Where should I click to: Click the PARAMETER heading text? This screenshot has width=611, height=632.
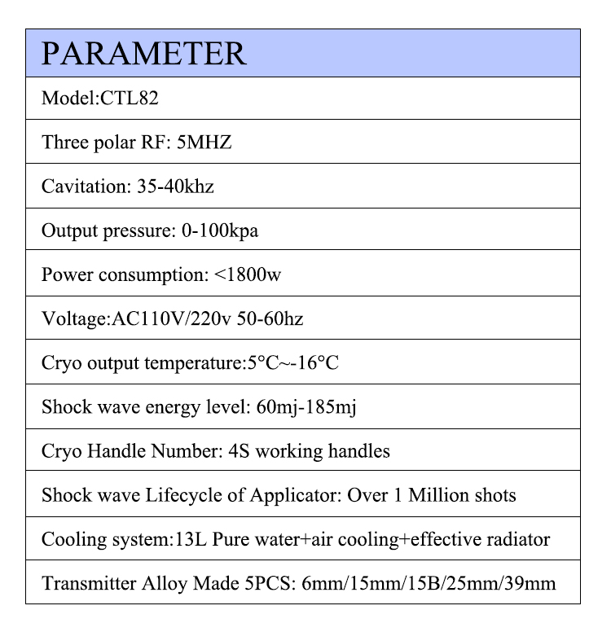tap(143, 53)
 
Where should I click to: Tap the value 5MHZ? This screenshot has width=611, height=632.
tap(204, 143)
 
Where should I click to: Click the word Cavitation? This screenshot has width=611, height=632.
tap(81, 187)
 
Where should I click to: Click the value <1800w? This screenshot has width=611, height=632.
tap(248, 274)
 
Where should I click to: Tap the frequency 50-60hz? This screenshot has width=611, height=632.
tap(270, 318)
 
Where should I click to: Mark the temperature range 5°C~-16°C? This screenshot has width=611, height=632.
tap(292, 362)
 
